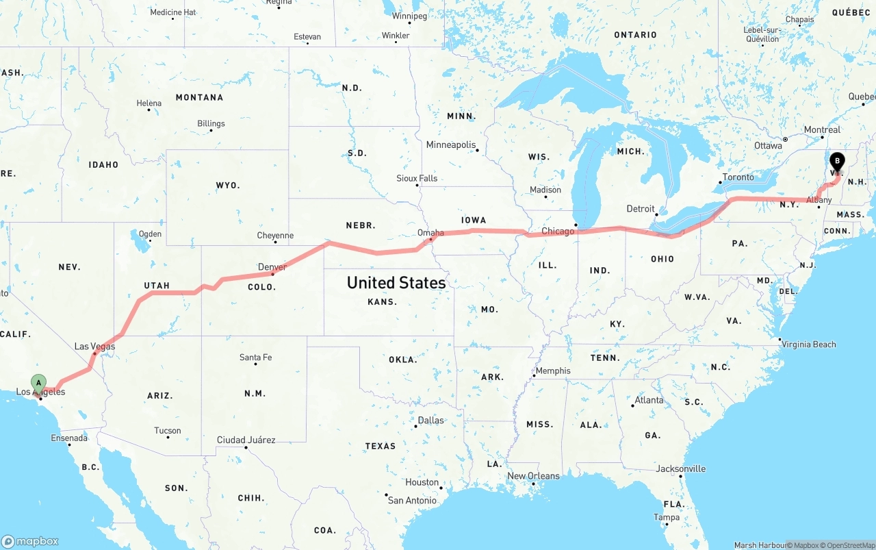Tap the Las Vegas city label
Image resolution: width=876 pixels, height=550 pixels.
[x=94, y=347]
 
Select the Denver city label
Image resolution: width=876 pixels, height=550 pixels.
[x=272, y=266]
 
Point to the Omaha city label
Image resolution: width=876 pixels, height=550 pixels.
[x=430, y=233]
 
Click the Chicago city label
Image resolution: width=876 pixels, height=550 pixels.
[x=558, y=232]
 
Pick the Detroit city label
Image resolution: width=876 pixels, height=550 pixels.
[x=641, y=209]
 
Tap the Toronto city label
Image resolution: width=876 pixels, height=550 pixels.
[x=738, y=177]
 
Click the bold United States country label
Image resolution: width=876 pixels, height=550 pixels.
[x=396, y=282]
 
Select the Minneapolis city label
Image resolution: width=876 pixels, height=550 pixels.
[x=450, y=145]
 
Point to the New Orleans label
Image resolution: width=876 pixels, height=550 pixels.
[x=533, y=476]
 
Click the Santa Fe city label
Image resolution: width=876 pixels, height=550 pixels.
[x=255, y=358]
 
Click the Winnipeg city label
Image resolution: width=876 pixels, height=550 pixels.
[x=409, y=16]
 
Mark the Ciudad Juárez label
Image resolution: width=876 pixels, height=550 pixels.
[x=246, y=440]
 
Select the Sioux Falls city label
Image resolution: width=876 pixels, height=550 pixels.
[x=417, y=178]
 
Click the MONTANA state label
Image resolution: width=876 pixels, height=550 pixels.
[x=199, y=98]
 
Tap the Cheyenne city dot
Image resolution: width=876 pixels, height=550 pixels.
[x=275, y=242]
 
